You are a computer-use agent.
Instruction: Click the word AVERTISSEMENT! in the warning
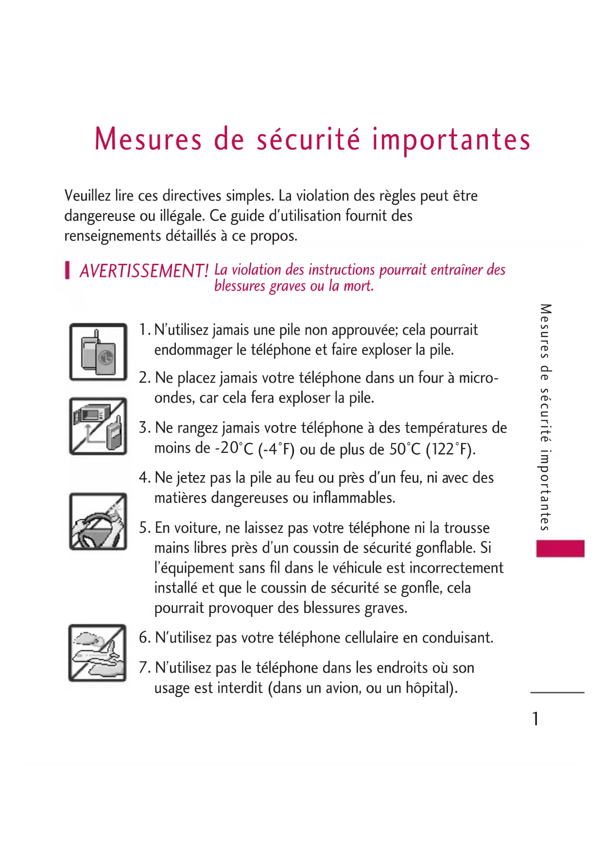(144, 271)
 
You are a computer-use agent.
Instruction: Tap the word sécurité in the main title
(309, 139)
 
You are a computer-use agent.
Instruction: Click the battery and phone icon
(98, 352)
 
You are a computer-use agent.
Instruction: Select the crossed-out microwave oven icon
(98, 426)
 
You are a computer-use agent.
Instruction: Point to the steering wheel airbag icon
(98, 522)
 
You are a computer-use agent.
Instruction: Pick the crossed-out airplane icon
(98, 653)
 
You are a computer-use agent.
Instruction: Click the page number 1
(535, 719)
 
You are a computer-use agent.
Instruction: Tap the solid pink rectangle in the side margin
(560, 548)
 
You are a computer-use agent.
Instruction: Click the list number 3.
(144, 428)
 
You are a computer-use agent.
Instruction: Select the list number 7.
(144, 668)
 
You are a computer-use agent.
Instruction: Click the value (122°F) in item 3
(450, 449)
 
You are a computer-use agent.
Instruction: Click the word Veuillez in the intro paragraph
(87, 196)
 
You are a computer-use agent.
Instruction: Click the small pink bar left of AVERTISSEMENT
(68, 270)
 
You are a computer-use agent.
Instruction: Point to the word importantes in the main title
(451, 139)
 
